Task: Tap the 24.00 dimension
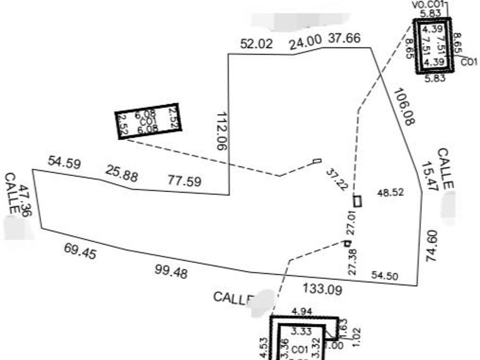point(302,43)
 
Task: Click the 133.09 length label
point(323,289)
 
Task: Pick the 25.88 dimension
point(121,174)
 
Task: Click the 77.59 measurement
point(184,182)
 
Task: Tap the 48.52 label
point(391,193)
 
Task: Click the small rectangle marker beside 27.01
point(358,201)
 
